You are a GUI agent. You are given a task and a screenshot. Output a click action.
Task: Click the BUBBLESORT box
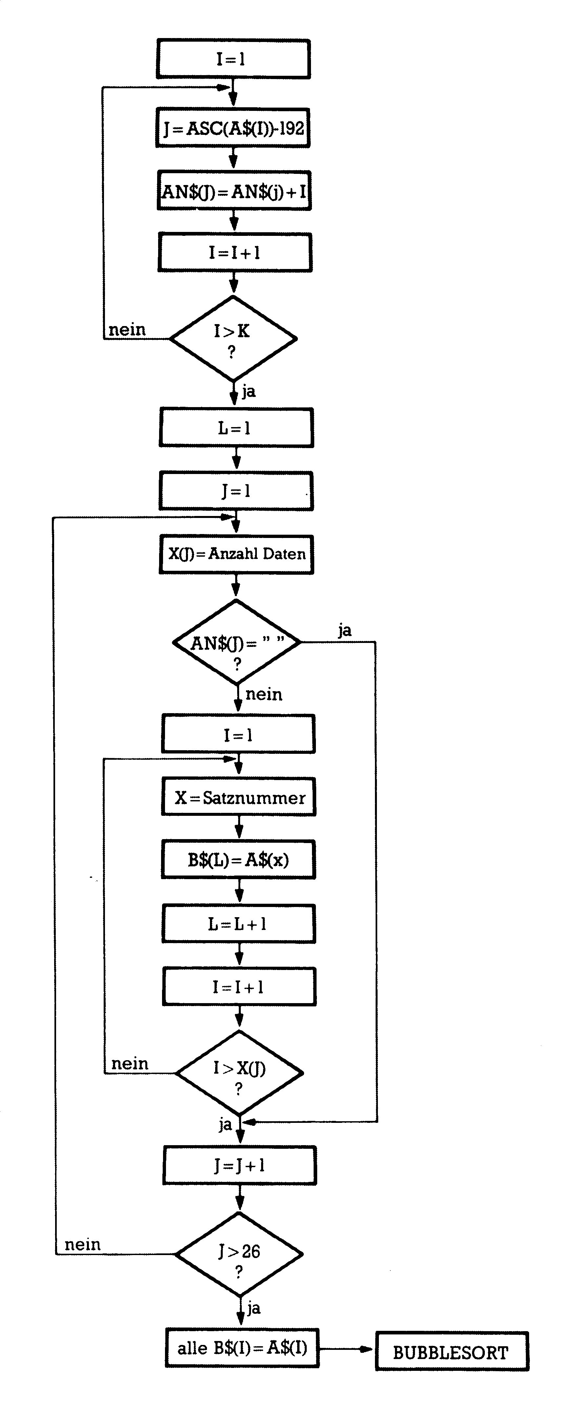click(452, 1351)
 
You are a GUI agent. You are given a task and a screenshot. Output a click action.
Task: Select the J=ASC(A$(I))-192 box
click(233, 128)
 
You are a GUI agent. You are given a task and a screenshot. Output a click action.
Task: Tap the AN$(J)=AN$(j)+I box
click(234, 191)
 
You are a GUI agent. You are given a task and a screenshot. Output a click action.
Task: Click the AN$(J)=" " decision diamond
click(237, 642)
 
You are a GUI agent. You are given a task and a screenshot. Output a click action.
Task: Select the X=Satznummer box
click(239, 797)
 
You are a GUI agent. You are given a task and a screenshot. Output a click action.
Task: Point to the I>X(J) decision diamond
click(239, 1073)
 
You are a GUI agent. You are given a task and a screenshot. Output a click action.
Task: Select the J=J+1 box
click(240, 1165)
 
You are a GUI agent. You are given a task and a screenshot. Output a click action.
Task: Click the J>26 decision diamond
click(239, 1254)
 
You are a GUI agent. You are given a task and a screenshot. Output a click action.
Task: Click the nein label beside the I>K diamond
click(127, 330)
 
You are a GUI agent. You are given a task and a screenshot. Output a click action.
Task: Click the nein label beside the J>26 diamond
click(83, 1245)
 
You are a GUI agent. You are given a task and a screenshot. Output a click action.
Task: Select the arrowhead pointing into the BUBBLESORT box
click(367, 1349)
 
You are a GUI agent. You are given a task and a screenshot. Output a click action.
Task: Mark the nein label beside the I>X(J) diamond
click(130, 1064)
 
